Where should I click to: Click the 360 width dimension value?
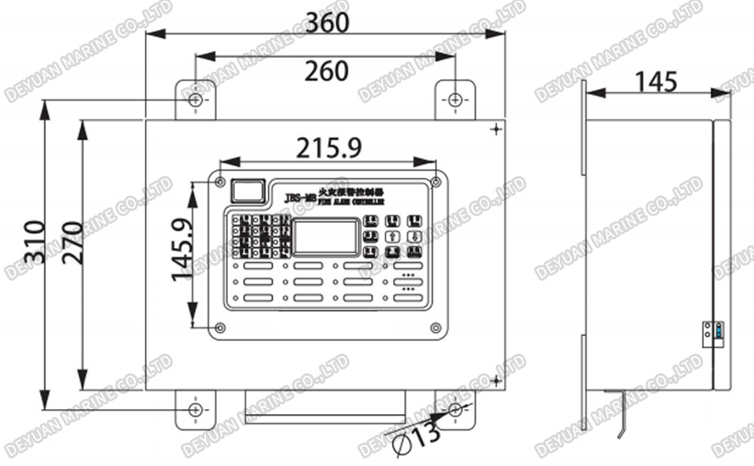pos(327,23)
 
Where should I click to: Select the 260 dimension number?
pos(326,71)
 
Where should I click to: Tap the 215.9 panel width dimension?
pos(329,148)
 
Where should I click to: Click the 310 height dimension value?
pos(34,242)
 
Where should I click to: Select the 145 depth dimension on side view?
pos(656,81)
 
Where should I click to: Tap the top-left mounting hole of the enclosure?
pos(195,101)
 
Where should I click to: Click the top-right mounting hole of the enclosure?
pos(455,101)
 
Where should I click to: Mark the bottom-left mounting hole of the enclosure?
pos(195,410)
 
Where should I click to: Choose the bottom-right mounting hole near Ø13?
pos(455,410)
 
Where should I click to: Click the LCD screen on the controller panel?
pos(326,237)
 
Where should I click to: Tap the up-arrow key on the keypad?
pos(392,236)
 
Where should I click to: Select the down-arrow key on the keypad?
pos(414,236)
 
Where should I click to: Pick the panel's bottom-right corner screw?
pos(436,328)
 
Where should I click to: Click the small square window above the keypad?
pos(247,191)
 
